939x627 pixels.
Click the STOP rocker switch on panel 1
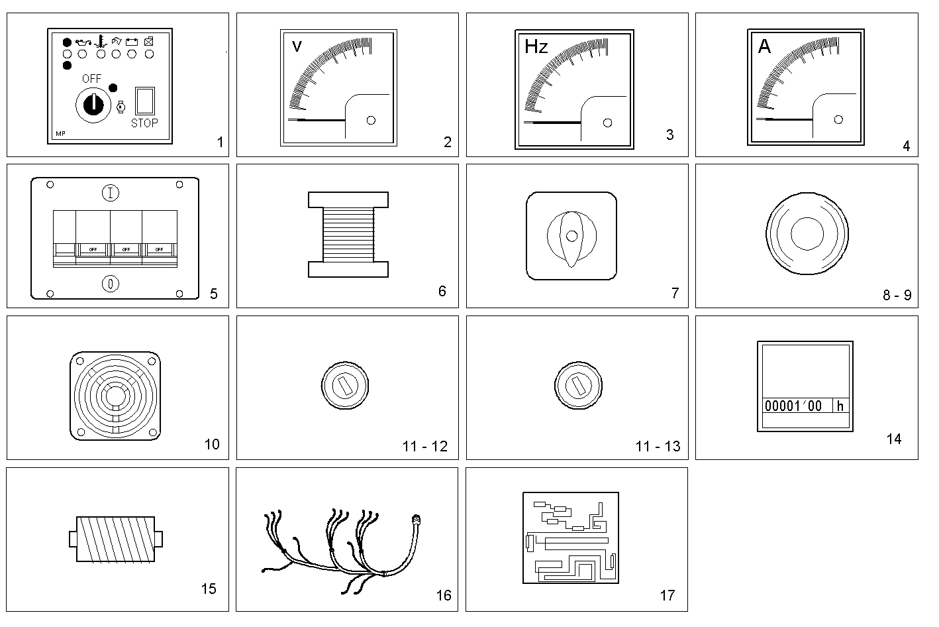[x=144, y=101]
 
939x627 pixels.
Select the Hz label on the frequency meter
[x=536, y=46]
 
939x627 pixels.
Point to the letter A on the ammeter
[x=764, y=47]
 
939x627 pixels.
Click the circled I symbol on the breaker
[x=111, y=194]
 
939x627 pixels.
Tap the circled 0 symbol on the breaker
[x=111, y=284]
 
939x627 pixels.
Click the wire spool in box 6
[x=348, y=234]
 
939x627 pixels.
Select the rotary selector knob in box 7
[x=571, y=236]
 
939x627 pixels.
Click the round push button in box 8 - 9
[x=807, y=234]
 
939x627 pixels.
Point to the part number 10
[x=212, y=444]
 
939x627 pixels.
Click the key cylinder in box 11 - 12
[x=344, y=386]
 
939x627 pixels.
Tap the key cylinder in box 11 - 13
[x=577, y=386]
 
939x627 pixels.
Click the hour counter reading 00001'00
[x=793, y=406]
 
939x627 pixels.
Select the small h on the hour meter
[x=840, y=406]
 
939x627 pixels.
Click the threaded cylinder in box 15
[x=115, y=540]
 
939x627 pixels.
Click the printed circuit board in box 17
[x=570, y=538]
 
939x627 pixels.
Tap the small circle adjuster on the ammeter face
[x=838, y=119]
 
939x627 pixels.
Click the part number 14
[x=893, y=439]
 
